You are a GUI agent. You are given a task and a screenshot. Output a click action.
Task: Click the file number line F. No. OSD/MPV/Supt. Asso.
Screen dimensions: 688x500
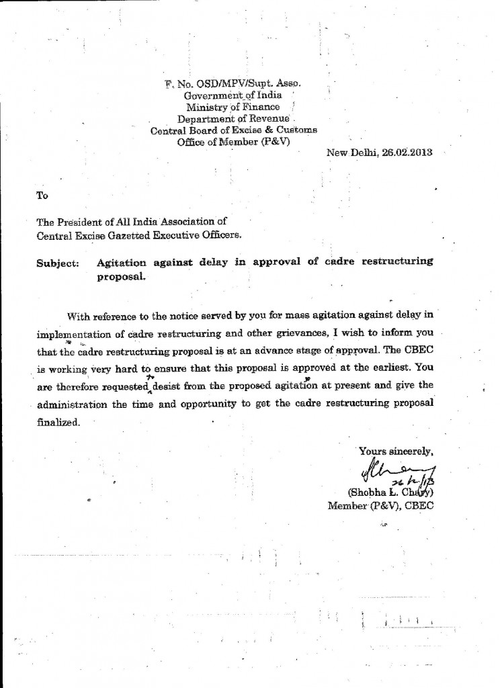[233, 84]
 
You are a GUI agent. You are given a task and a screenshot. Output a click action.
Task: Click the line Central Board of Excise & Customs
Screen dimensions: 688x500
[233, 130]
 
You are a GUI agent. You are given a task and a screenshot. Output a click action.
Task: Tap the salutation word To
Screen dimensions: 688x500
[42, 196]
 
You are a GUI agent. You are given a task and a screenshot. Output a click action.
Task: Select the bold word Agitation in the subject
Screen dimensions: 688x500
[124, 261]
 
